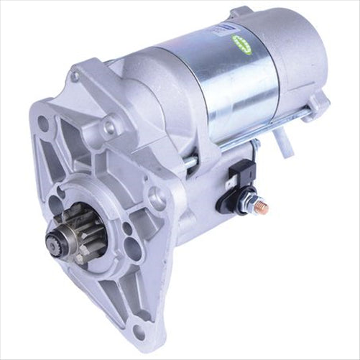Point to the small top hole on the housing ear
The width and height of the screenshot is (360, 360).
pyautogui.click(x=75, y=76)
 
